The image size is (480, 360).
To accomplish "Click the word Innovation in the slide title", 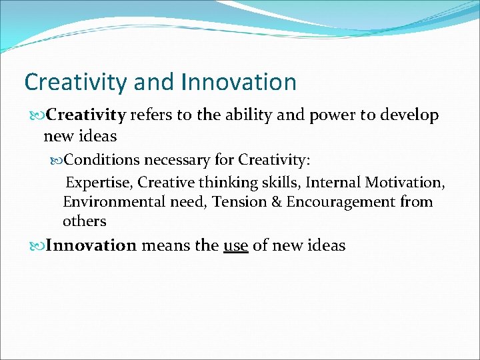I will tap(238, 82).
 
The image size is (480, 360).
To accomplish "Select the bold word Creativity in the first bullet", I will tap(86, 115).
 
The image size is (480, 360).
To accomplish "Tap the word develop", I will tap(409, 116).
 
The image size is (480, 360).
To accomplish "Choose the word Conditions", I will tap(103, 160).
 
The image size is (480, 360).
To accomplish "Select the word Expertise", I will tap(99, 183).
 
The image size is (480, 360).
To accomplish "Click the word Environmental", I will tap(113, 202).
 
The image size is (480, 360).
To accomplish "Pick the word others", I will tap(85, 221).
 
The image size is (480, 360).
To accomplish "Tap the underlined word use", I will tap(235, 246).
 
